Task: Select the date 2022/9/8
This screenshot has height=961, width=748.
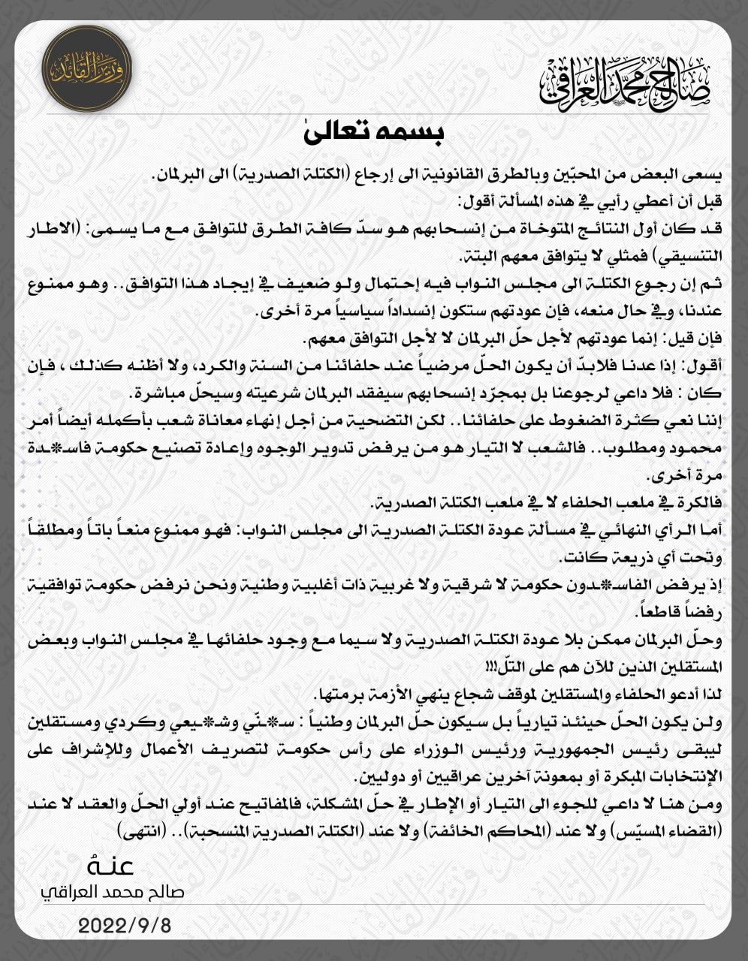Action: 125,924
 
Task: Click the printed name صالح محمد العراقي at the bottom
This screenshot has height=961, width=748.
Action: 112,892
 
